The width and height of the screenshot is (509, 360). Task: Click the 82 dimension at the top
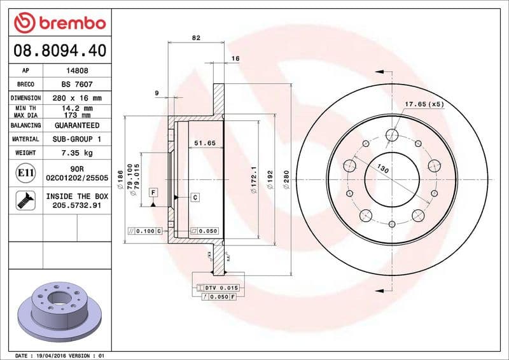196,38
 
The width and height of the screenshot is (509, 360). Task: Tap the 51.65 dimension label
206,143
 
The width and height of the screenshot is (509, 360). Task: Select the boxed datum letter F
153,192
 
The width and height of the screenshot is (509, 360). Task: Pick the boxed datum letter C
195,197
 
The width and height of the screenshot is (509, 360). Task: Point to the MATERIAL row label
26,139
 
